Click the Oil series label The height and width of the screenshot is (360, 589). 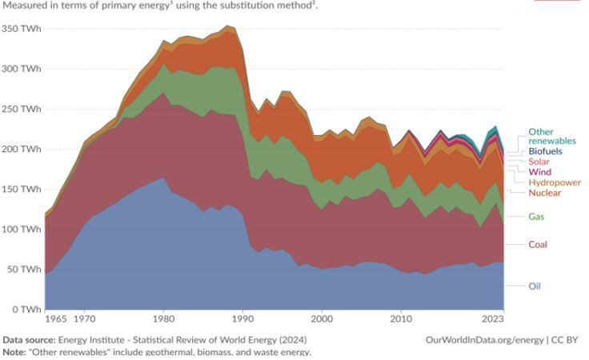535,286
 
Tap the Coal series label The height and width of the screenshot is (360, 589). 539,244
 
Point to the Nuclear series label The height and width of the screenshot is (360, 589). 544,193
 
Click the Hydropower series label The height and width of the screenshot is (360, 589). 554,182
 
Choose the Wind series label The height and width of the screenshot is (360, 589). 539,172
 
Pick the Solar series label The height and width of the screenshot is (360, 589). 539,162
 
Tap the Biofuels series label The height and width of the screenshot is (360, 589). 544,150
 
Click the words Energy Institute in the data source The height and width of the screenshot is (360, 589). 98,339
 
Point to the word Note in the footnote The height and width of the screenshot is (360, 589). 14,351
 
